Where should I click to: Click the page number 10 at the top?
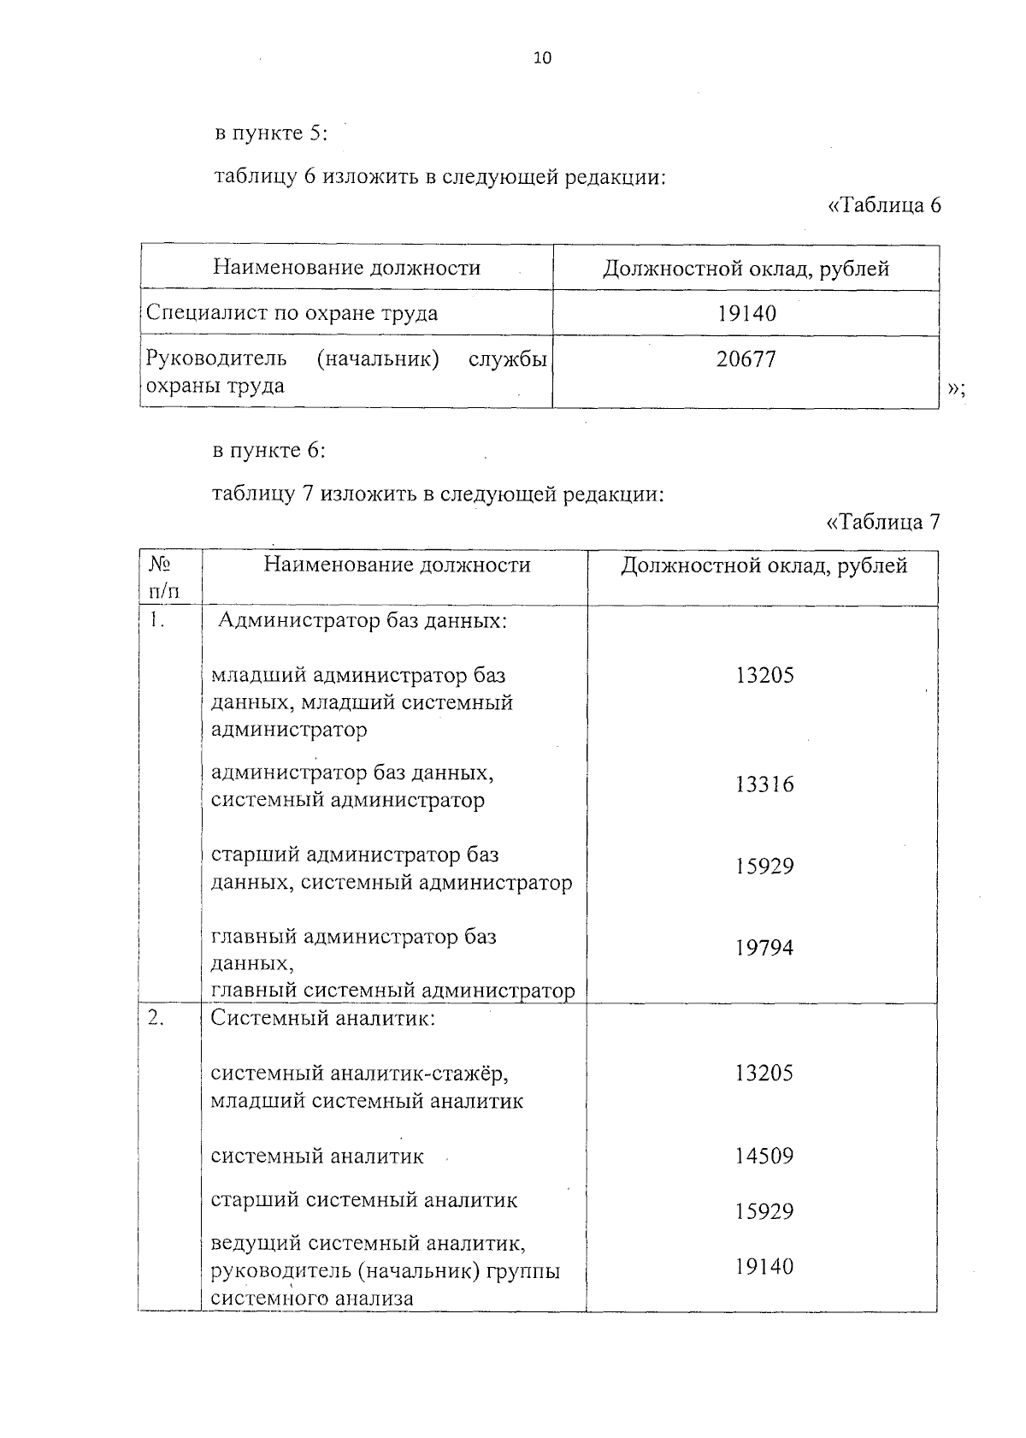(x=542, y=58)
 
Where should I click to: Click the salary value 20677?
(x=746, y=359)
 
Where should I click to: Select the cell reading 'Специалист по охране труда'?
(x=292, y=313)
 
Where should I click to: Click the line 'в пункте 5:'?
(x=270, y=134)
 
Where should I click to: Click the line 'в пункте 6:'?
(x=270, y=451)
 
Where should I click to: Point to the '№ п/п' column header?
(x=165, y=577)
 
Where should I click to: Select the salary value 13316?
(x=764, y=784)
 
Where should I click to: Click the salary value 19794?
(x=764, y=948)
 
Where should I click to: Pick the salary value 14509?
(x=764, y=1157)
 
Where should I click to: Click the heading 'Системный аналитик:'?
(x=323, y=1019)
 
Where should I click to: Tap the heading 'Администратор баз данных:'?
(x=363, y=620)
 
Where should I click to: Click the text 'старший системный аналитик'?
(x=364, y=1200)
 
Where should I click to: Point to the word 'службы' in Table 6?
(x=508, y=359)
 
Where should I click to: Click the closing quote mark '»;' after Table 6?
(x=957, y=389)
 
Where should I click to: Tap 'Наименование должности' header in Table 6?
(x=347, y=268)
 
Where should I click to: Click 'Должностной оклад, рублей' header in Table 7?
(x=764, y=565)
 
